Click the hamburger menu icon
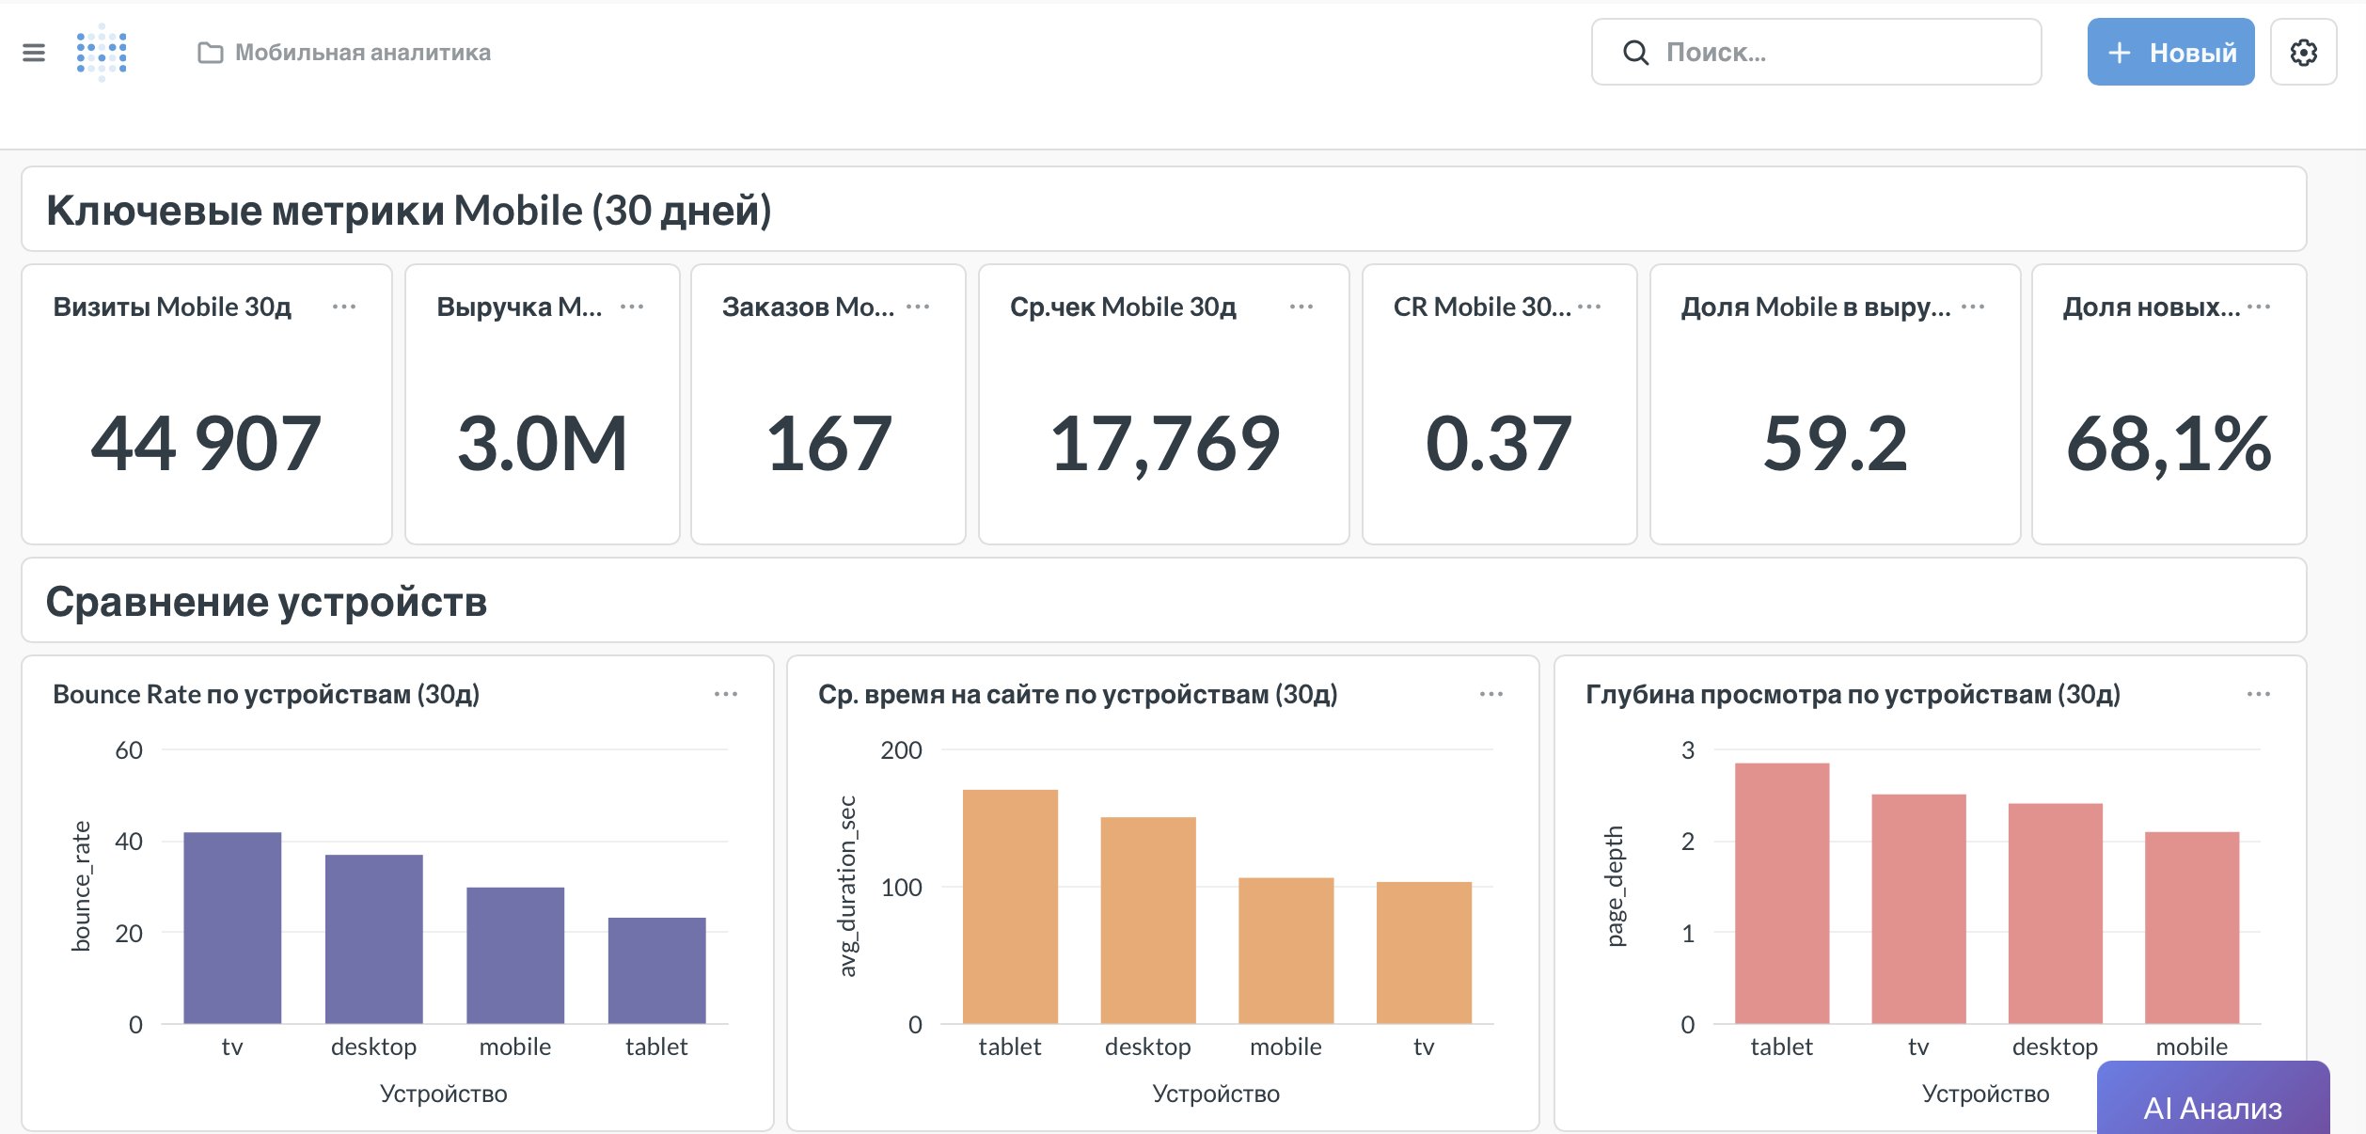coord(34,53)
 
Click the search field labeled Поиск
coord(1815,53)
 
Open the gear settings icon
coord(2303,53)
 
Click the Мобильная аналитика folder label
coord(362,53)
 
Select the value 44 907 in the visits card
coord(206,444)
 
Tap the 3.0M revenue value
coord(542,444)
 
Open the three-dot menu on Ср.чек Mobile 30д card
coord(1301,307)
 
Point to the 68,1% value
coord(2169,444)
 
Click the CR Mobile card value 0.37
coord(1498,444)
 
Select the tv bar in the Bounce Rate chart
coord(232,927)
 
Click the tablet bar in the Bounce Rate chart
coord(656,970)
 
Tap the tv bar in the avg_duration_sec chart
coord(1423,952)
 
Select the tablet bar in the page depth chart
coord(1781,893)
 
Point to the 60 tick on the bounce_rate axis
coord(129,750)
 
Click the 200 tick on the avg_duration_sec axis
coord(901,750)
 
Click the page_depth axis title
coord(1615,886)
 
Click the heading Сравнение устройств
coord(266,602)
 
